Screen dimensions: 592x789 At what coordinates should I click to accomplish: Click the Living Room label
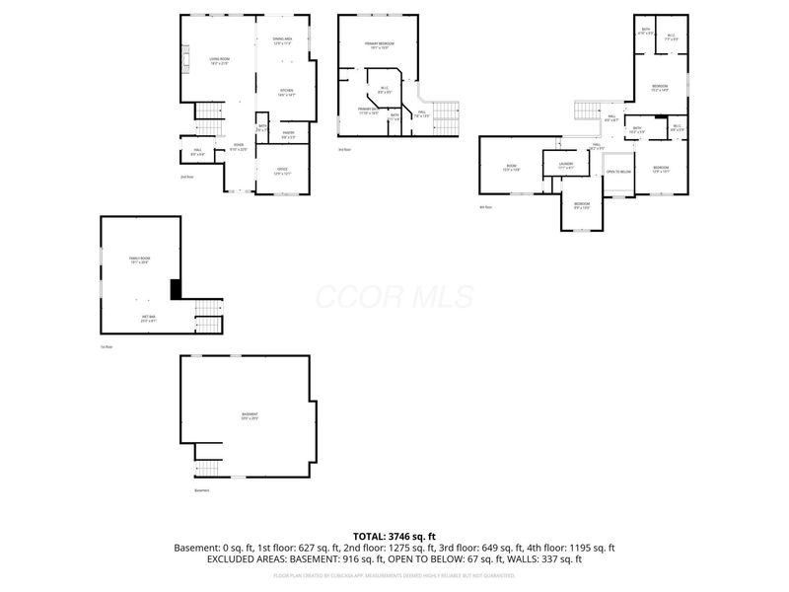[219, 60]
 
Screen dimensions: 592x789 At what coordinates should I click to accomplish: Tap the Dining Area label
[283, 41]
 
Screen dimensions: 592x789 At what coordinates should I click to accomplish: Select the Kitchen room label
[285, 93]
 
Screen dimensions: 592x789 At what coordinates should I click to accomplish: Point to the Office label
[283, 172]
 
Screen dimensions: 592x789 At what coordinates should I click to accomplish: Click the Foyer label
[238, 148]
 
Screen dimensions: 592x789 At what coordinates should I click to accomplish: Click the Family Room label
[139, 260]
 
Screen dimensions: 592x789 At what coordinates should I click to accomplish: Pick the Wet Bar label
[148, 318]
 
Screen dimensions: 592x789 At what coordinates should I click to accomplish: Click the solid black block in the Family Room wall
[176, 289]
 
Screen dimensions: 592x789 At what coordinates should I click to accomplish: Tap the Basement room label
[249, 415]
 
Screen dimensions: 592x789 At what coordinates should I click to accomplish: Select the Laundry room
[565, 166]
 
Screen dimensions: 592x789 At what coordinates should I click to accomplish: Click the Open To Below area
[618, 173]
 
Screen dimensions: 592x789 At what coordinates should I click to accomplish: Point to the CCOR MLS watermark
[394, 297]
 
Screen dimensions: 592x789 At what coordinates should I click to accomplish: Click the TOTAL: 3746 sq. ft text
[394, 536]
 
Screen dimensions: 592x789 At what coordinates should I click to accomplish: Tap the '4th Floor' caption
[484, 207]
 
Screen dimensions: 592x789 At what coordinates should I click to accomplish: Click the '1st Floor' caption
[106, 347]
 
